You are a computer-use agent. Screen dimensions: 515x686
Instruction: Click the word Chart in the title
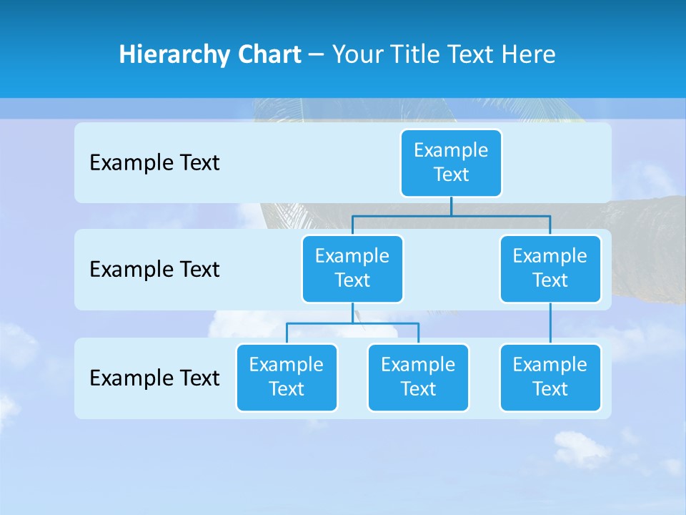click(268, 54)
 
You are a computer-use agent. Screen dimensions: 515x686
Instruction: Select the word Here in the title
click(530, 54)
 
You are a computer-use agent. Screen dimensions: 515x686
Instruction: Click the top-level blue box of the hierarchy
click(451, 163)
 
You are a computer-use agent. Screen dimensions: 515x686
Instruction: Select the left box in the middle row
click(352, 269)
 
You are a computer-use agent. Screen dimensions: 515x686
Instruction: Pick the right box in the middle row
click(550, 269)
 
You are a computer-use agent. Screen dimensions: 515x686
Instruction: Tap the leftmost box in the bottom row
click(287, 378)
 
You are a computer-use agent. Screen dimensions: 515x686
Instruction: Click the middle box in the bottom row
click(418, 378)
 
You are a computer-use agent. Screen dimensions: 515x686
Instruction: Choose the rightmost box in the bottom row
click(550, 378)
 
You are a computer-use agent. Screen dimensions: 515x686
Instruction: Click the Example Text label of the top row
click(154, 163)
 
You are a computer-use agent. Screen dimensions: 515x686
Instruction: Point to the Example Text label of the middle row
click(154, 270)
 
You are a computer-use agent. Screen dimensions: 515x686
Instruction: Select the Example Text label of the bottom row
click(154, 378)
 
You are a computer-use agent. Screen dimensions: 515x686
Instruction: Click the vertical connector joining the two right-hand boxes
click(550, 323)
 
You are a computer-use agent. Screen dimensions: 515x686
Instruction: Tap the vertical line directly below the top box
click(451, 206)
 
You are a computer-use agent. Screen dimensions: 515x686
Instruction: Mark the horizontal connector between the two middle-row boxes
click(451, 215)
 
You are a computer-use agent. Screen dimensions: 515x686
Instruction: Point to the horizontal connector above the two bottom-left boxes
click(352, 323)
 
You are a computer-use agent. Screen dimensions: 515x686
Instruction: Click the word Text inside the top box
click(451, 175)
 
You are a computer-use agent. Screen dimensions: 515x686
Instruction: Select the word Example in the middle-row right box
click(550, 256)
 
